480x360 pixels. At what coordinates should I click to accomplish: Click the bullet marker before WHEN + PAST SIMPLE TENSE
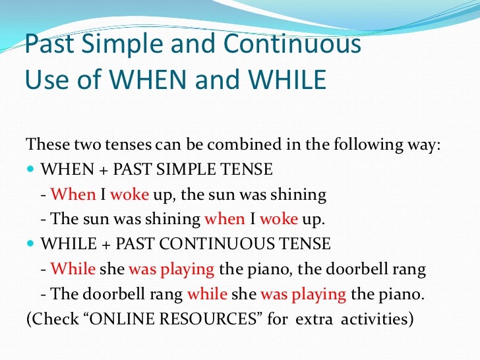tap(31, 170)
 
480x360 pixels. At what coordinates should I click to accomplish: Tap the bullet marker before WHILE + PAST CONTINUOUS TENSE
tap(31, 245)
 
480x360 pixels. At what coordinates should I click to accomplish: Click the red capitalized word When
tap(73, 195)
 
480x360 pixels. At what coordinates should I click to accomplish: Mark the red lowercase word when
tap(224, 220)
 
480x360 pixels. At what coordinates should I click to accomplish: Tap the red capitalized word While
tap(73, 269)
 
